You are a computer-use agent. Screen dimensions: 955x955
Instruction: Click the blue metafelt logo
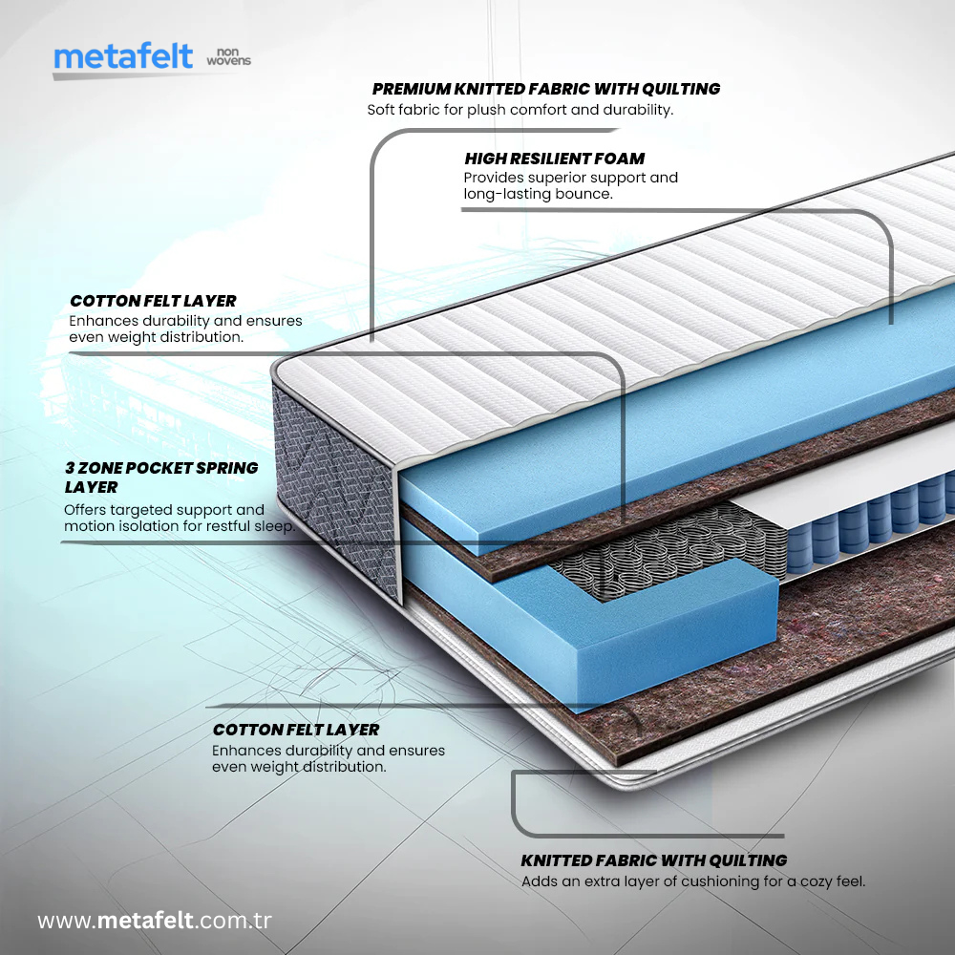coord(123,56)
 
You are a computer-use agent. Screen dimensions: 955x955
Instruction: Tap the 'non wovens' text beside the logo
coord(228,56)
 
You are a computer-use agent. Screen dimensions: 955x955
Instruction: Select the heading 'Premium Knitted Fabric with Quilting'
coord(545,89)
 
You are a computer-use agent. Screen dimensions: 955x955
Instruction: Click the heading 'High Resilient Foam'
coord(554,159)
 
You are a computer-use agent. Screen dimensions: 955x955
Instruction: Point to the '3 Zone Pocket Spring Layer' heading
coord(161,477)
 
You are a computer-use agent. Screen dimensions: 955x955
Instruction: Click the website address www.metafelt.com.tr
coord(154,921)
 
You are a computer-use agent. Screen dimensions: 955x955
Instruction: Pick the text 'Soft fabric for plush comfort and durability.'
coord(520,110)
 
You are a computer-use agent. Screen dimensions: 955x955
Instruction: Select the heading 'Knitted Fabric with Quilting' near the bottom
coord(653,860)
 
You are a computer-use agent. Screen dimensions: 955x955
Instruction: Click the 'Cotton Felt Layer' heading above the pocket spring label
coord(153,301)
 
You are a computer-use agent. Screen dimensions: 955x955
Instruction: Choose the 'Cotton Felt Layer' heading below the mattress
coord(296,730)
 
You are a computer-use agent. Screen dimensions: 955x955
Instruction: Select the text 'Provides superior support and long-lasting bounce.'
coord(571,186)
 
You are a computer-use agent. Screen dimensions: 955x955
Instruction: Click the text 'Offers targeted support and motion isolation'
coord(180,519)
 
